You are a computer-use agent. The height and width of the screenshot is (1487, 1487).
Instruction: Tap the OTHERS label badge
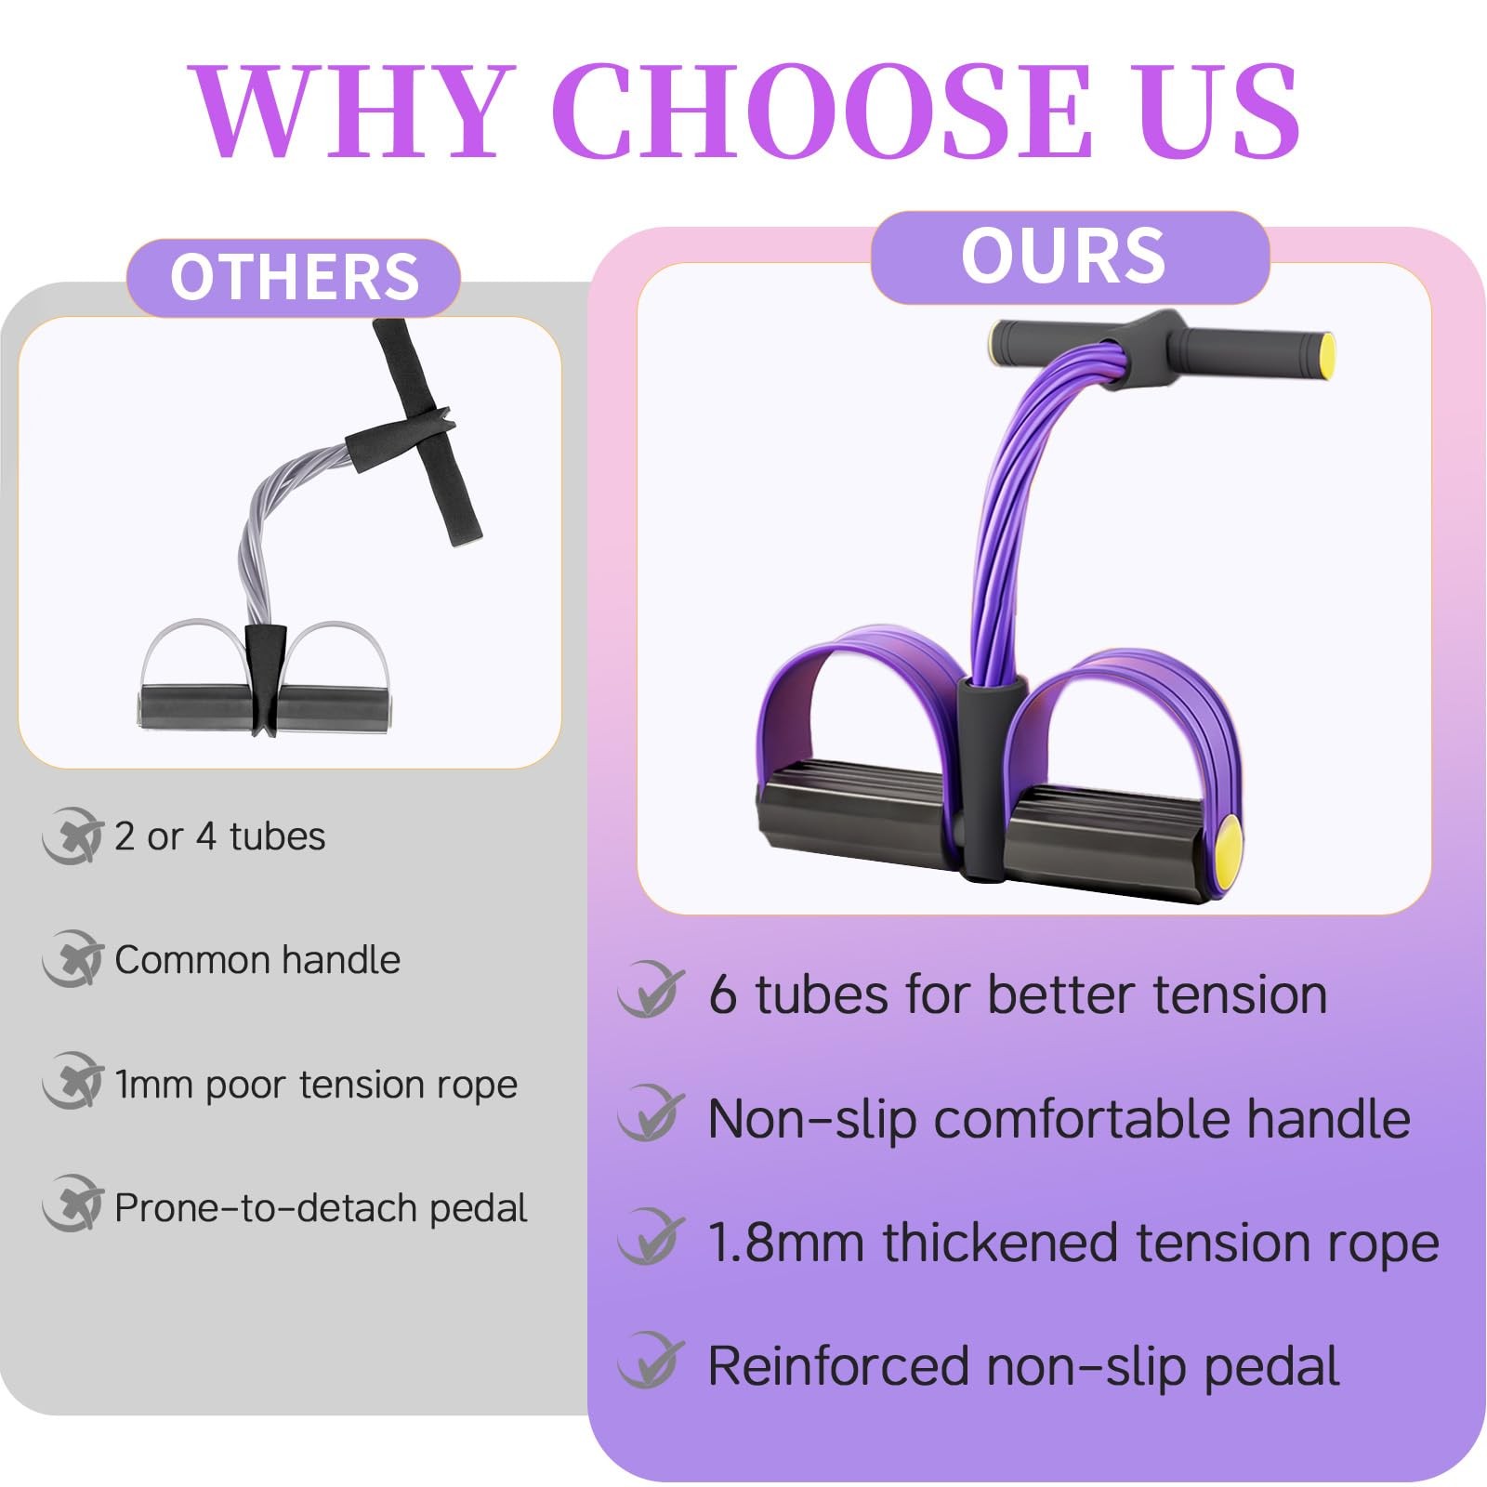click(x=294, y=277)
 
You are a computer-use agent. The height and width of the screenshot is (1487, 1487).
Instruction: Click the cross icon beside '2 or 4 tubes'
click(x=72, y=836)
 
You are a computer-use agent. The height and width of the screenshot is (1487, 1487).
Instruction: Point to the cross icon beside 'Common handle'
click(x=72, y=959)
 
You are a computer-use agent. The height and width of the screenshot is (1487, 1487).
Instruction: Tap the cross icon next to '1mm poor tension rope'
click(x=72, y=1082)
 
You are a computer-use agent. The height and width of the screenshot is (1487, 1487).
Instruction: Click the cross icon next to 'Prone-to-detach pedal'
click(x=72, y=1204)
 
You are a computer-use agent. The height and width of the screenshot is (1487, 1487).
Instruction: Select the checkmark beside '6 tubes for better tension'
click(x=651, y=991)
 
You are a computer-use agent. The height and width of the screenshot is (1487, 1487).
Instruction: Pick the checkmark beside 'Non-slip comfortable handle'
click(x=651, y=1114)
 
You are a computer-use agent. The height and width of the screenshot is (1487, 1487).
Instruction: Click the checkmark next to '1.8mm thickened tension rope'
click(x=651, y=1238)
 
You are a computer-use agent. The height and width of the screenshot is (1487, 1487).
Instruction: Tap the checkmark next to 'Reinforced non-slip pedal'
click(x=651, y=1361)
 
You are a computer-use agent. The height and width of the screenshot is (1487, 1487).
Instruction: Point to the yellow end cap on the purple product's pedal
click(x=1228, y=842)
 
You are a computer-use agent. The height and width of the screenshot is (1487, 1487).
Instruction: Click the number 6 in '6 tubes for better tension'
click(x=722, y=994)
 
